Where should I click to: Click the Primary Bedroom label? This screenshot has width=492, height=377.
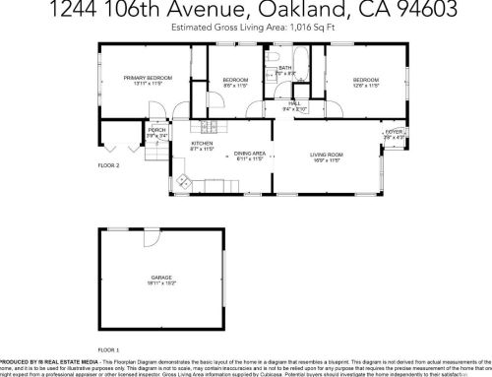pyautogui.click(x=148, y=78)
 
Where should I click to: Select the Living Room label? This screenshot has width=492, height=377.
pyautogui.click(x=326, y=155)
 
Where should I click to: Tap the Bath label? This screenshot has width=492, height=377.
pyautogui.click(x=284, y=68)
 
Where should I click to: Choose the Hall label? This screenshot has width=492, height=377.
pyautogui.click(x=294, y=102)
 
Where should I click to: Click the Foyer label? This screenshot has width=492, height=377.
pyautogui.click(x=394, y=132)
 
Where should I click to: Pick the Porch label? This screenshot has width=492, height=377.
pyautogui.click(x=156, y=130)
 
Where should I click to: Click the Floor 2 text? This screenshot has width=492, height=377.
pyautogui.click(x=108, y=165)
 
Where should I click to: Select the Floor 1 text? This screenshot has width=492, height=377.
pyautogui.click(x=108, y=350)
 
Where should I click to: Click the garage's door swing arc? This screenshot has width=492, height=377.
pyautogui.click(x=151, y=241)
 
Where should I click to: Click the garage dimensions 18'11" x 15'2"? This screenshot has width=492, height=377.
pyautogui.click(x=161, y=284)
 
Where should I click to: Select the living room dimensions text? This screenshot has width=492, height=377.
pyautogui.click(x=326, y=161)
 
